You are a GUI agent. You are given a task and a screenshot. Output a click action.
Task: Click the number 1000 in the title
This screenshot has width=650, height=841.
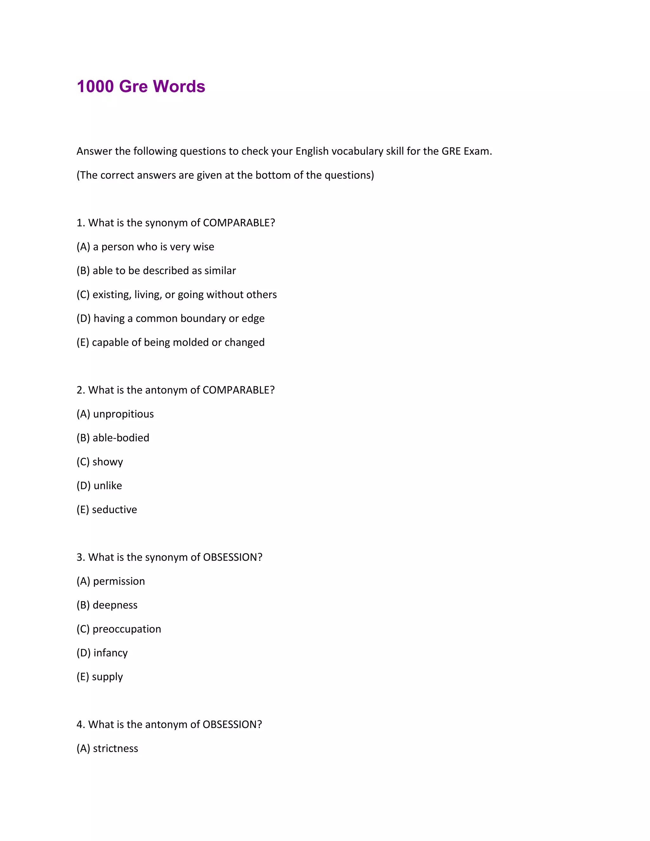tap(95, 86)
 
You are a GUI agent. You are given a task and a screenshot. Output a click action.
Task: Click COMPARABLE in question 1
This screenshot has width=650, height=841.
tap(239, 223)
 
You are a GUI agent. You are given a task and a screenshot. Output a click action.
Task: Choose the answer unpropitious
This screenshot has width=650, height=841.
tap(123, 414)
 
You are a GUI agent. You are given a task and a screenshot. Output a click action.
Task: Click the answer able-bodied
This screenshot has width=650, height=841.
tap(121, 438)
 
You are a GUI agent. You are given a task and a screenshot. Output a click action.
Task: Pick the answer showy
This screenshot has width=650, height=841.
tap(108, 462)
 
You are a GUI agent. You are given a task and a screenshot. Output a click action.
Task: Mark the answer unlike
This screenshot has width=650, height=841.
tap(108, 486)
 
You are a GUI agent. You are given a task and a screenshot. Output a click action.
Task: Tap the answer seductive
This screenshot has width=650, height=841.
tap(114, 509)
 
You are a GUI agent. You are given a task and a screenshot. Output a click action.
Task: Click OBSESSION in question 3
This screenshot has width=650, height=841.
tap(232, 557)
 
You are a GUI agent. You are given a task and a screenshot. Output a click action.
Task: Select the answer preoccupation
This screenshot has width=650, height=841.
tap(127, 629)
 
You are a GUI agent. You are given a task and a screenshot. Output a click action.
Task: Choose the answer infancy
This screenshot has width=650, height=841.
tap(110, 653)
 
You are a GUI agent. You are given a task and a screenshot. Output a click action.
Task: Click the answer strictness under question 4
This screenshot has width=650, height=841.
tap(115, 748)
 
